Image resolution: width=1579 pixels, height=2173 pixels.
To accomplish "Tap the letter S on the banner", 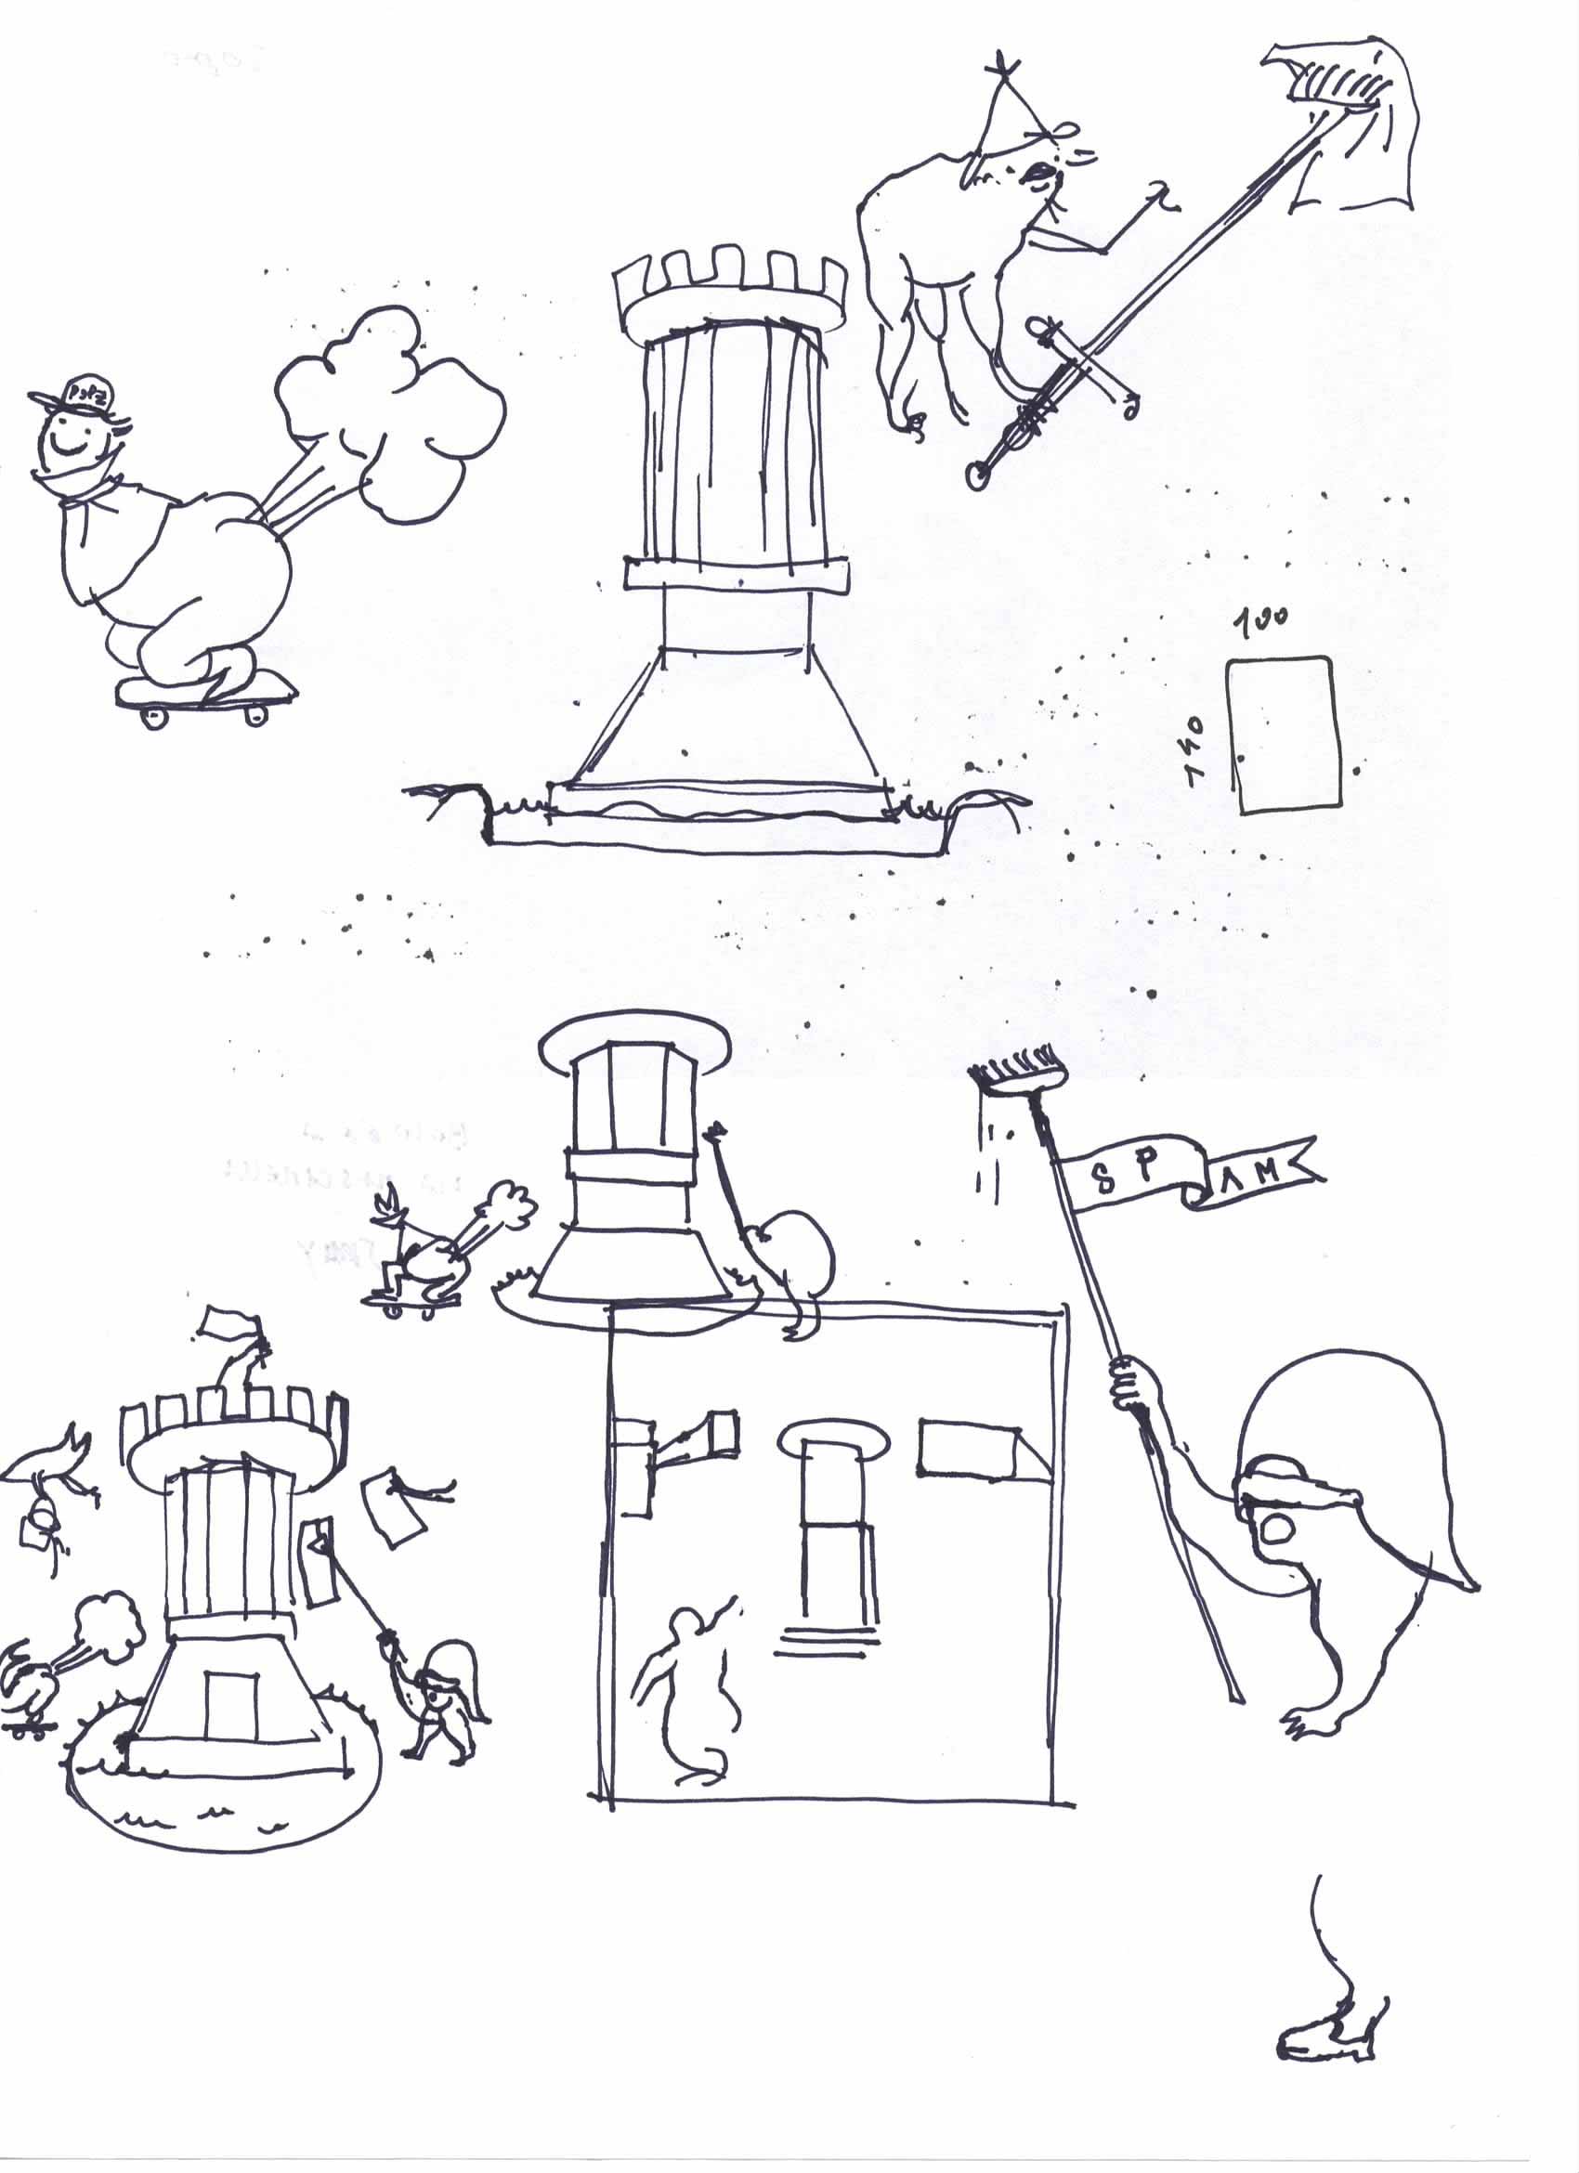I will pos(1103,1180).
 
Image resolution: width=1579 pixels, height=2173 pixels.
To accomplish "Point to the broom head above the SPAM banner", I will pos(1020,1078).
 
